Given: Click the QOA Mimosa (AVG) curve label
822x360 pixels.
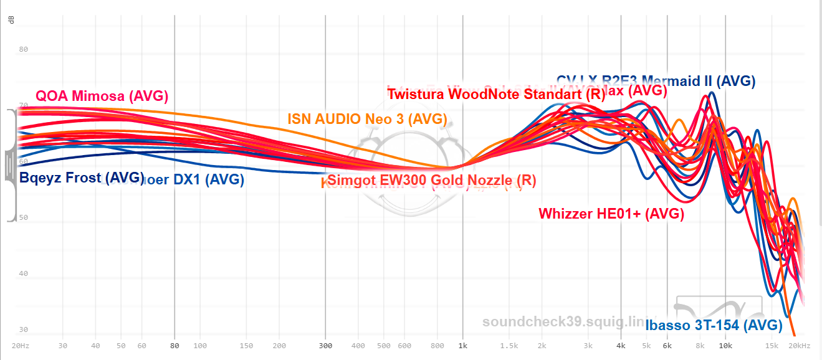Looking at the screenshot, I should tap(102, 97).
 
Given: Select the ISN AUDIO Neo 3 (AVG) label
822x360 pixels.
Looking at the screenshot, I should tap(367, 119).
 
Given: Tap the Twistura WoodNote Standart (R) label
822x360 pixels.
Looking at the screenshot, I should tap(496, 95).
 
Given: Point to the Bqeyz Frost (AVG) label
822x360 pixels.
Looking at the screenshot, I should tap(82, 178).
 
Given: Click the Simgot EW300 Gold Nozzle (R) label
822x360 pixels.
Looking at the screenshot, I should tap(431, 181).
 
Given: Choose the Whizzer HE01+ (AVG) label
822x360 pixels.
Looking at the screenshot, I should tap(611, 214).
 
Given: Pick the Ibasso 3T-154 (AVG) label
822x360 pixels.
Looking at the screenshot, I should tap(714, 324).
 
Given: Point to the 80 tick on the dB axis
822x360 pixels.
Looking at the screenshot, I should tap(24, 50).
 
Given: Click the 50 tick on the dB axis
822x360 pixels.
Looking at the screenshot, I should tap(24, 218).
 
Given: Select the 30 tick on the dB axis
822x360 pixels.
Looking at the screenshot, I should tap(24, 330).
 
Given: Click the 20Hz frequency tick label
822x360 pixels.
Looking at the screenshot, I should tap(20, 346).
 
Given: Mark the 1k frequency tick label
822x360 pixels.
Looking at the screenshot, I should tap(463, 346).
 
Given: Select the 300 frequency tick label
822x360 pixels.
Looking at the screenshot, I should tap(325, 346).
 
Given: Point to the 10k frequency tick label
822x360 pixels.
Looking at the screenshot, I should tap(725, 346).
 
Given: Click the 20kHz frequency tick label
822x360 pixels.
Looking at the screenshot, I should tap(800, 346).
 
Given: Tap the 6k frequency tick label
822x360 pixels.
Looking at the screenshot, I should tap(667, 346).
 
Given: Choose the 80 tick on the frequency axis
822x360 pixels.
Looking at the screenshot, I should tap(174, 346).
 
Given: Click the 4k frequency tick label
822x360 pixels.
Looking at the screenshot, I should tap(621, 346).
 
